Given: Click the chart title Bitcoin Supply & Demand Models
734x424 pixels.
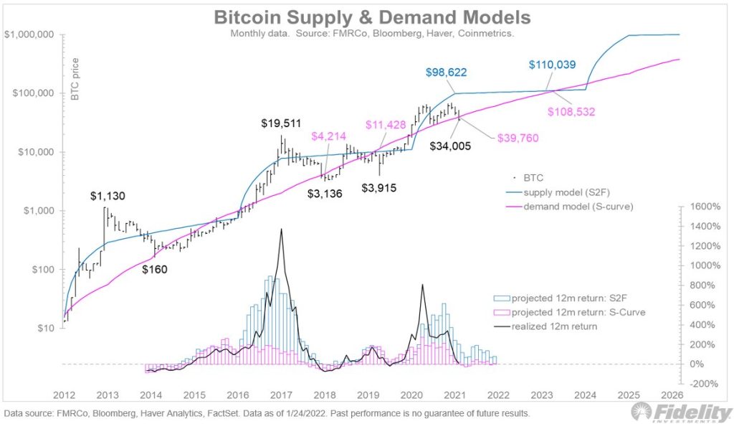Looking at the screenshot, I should (x=372, y=17).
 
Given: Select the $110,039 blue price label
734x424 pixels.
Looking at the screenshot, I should (x=553, y=65).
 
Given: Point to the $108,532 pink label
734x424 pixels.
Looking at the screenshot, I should (x=571, y=112).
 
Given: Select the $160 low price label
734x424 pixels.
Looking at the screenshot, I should (x=156, y=270).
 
